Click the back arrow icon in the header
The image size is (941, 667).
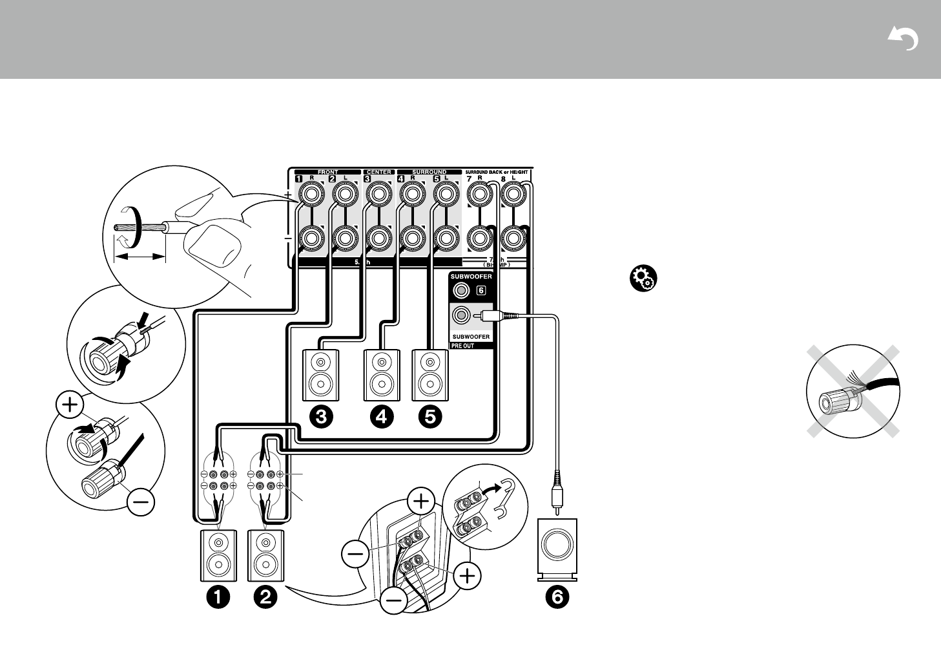coord(903,40)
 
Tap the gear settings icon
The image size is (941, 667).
coord(642,279)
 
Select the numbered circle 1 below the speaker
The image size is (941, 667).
coord(218,597)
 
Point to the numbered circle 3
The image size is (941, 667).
coord(321,418)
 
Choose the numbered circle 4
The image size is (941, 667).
coord(381,418)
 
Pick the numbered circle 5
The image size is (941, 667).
coord(431,418)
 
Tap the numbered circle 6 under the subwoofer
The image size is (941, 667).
coord(557,597)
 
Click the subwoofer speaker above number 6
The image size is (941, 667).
coord(557,547)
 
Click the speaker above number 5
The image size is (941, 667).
coord(431,375)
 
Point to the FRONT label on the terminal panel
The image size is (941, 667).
coord(327,172)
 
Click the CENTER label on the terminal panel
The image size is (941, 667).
coord(379,172)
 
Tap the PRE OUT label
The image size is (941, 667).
coord(462,346)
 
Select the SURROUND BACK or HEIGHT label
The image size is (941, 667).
coord(497,172)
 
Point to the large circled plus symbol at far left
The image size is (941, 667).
coord(70,405)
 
